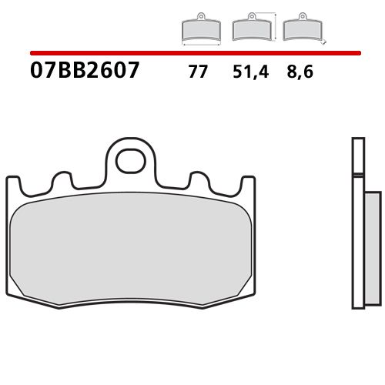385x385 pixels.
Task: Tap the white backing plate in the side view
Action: [x=356, y=223]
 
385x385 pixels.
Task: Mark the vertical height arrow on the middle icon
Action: [x=274, y=26]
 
